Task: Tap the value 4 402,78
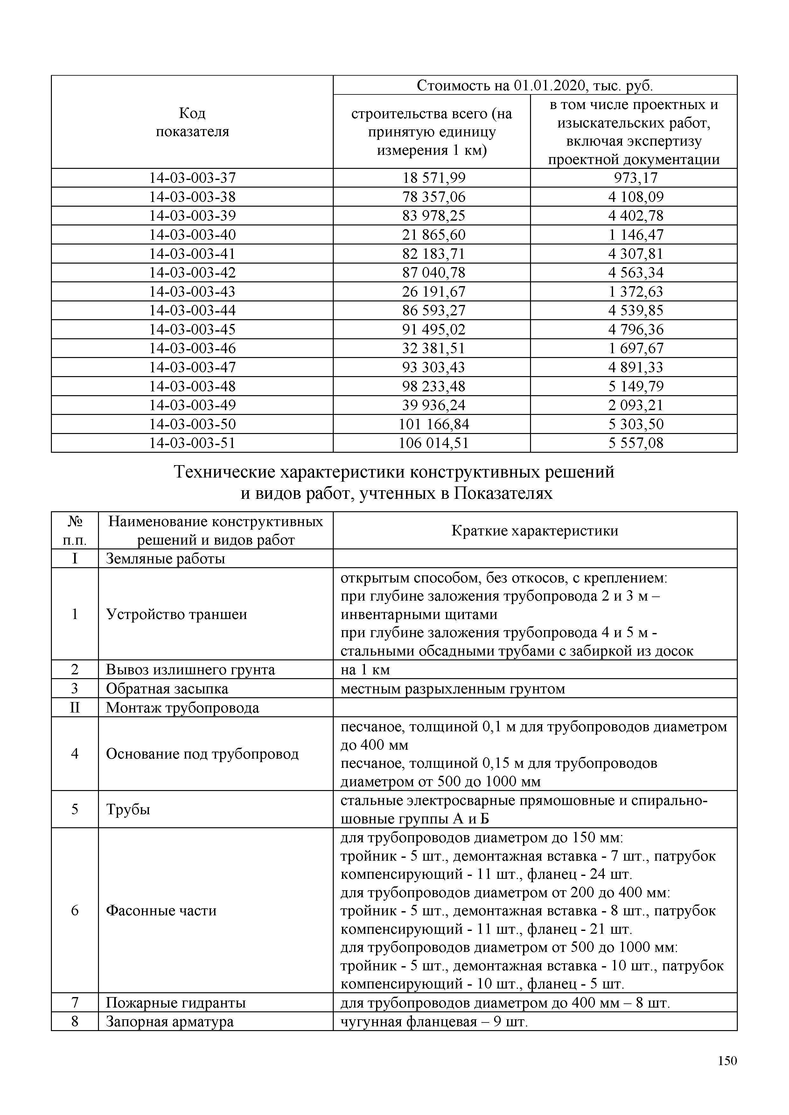click(635, 216)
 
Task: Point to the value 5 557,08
click(635, 443)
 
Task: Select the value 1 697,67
click(635, 348)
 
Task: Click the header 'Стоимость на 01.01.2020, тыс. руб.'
click(534, 86)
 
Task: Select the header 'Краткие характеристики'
click(534, 530)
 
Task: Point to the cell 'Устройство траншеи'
click(176, 614)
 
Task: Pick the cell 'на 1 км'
click(365, 669)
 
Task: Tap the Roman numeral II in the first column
click(75, 707)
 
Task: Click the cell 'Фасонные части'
click(161, 910)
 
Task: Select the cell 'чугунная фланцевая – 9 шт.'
click(434, 1022)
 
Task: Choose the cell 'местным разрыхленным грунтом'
click(452, 689)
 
